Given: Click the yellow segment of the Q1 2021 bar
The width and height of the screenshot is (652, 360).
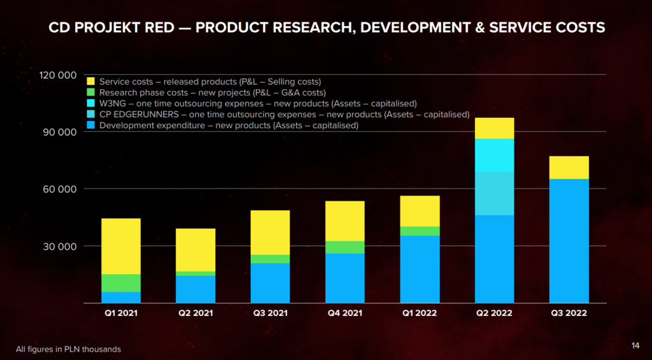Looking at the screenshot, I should click(121, 246).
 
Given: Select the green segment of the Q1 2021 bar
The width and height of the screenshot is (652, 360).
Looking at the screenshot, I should click(121, 283).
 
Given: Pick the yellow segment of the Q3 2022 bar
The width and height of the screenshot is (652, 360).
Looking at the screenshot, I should click(569, 168).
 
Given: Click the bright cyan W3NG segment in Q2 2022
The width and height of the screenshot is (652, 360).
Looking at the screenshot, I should click(494, 155).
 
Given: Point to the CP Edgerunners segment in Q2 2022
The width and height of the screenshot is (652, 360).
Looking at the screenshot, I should click(494, 193).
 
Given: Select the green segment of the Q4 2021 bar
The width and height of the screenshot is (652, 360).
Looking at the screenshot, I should click(344, 247).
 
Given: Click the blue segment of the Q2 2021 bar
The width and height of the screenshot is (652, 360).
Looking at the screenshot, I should click(195, 289).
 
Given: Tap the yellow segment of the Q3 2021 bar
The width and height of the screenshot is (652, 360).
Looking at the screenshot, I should click(270, 233).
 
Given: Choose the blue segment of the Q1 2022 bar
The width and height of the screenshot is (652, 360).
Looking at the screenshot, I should click(420, 270).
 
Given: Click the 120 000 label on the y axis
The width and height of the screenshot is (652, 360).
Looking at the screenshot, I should click(58, 75).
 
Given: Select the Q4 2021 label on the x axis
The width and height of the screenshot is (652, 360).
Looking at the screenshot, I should click(344, 313).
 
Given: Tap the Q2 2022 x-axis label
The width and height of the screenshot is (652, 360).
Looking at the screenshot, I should click(494, 313).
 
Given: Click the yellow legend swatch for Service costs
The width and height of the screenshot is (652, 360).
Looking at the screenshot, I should click(90, 82).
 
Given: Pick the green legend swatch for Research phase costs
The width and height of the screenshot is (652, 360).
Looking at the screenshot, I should click(90, 92).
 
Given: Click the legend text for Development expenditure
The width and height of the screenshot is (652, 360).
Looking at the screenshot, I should click(229, 126).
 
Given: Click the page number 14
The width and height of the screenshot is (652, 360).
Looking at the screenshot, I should click(635, 345).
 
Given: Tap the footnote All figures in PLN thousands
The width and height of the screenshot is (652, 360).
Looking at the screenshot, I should click(68, 349).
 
